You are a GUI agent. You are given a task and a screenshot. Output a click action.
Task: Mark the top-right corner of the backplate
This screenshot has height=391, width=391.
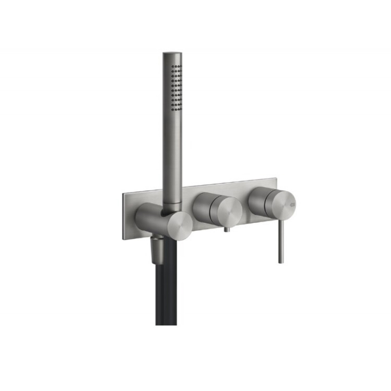coord(277,179)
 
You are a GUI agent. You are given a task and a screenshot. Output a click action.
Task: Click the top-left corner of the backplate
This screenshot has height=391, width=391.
coord(122,194)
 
